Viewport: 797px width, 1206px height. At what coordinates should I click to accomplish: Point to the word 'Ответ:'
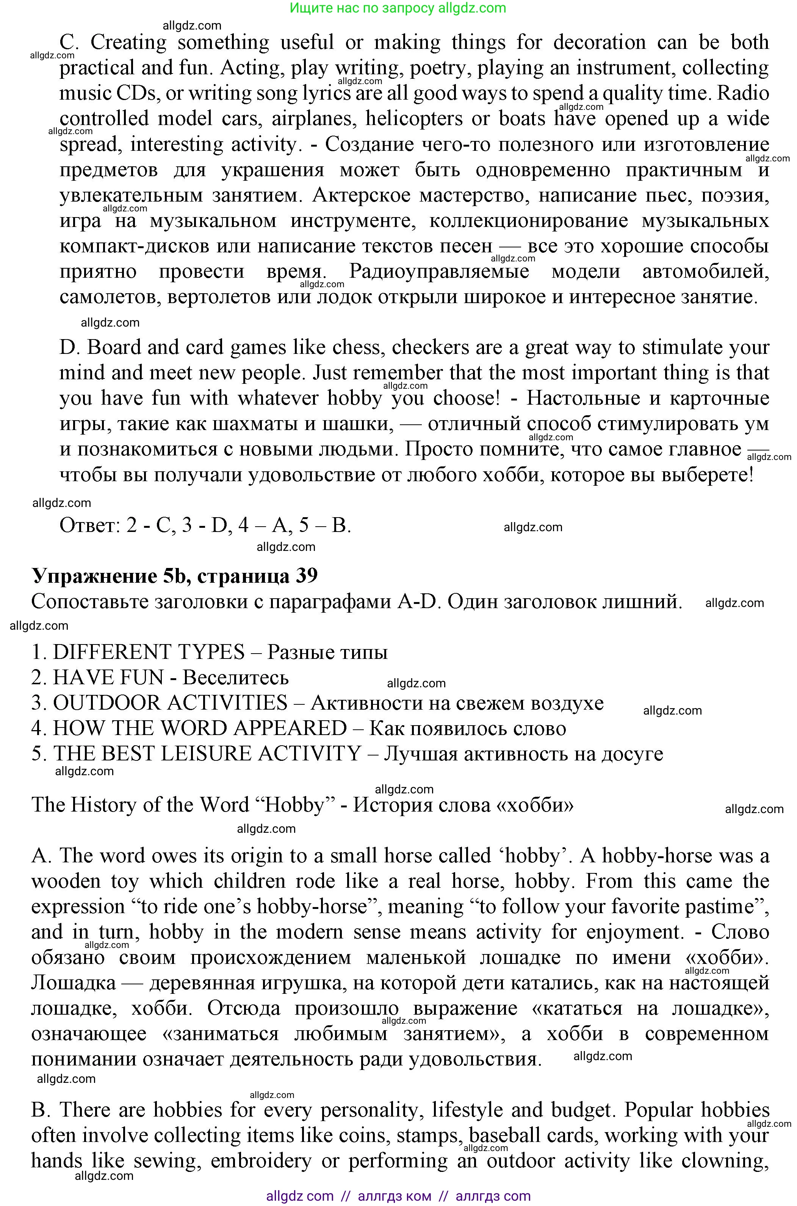click(x=89, y=525)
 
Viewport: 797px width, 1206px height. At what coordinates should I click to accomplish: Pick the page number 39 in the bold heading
click(x=307, y=576)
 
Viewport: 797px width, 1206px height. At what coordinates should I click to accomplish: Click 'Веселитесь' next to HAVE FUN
click(x=236, y=678)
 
